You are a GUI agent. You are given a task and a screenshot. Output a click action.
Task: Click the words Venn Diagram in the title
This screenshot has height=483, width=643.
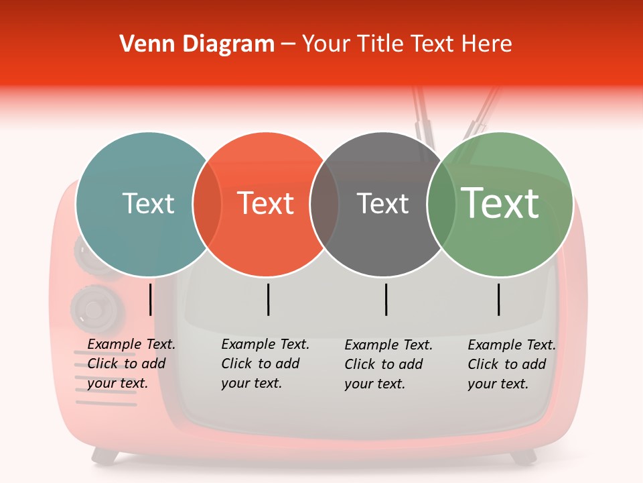[197, 44]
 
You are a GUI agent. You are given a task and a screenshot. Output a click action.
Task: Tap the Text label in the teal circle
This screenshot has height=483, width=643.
[148, 203]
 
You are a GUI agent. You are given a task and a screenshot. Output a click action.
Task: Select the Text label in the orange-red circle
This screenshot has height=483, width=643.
[265, 203]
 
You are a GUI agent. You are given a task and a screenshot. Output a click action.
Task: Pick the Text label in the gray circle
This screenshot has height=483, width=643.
[382, 203]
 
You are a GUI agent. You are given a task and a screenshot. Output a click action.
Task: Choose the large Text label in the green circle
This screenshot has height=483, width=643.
[500, 203]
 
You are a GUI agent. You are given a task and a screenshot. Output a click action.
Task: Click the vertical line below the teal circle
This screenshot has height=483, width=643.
[151, 299]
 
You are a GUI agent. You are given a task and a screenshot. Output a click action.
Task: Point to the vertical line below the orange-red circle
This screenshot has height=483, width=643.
[268, 299]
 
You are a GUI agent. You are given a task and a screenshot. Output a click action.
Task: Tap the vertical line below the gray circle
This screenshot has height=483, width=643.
[386, 299]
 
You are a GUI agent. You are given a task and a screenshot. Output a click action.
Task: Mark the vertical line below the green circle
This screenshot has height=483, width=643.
[499, 299]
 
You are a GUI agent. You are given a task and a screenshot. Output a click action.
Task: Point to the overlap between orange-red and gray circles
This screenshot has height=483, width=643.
[324, 204]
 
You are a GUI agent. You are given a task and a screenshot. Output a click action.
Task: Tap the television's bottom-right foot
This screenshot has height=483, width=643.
[522, 456]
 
